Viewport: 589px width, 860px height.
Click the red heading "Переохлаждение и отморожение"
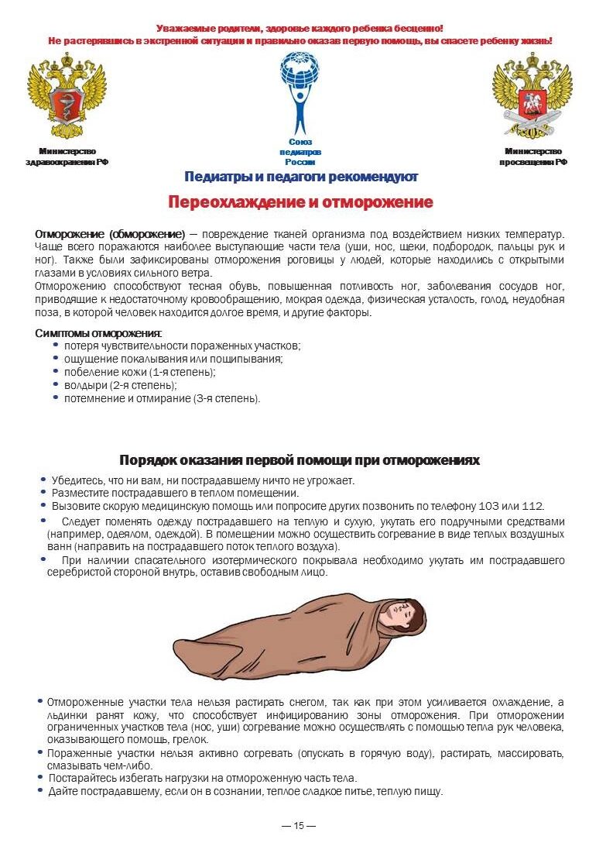(300, 203)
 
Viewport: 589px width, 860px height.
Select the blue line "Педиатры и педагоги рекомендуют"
(301, 177)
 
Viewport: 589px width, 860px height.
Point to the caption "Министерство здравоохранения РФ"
(67, 157)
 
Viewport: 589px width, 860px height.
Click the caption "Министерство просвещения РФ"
(532, 157)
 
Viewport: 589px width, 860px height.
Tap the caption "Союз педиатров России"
(300, 152)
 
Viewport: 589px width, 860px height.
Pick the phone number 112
(532, 505)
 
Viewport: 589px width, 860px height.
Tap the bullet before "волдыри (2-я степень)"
(56, 384)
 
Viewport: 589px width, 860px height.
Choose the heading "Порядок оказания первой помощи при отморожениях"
(300, 460)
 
